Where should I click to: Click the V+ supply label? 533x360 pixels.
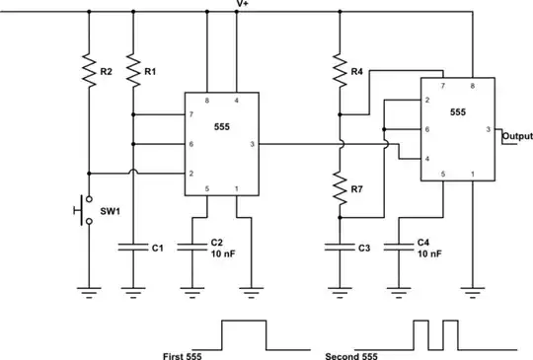point(242,5)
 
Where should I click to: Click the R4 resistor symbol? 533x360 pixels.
point(340,71)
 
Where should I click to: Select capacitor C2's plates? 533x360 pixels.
point(195,249)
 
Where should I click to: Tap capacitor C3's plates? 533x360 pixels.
point(340,249)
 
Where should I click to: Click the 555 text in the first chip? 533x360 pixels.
point(222,126)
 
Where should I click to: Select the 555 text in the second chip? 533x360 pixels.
point(458,113)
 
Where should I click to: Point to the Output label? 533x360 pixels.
point(517,135)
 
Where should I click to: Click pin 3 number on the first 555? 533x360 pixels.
point(253,145)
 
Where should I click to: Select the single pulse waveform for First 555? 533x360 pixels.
point(244,335)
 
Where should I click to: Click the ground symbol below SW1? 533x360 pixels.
point(88,290)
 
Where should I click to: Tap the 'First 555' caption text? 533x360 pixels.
point(182,355)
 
